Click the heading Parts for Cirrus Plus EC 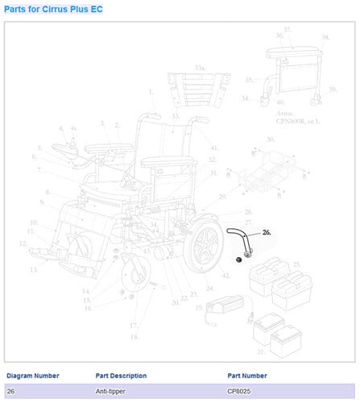[x=52, y=9]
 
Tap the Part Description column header [x=121, y=376]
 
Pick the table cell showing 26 [x=10, y=391]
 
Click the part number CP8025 [x=241, y=391]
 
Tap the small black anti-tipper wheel [x=239, y=260]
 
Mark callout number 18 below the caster [x=135, y=336]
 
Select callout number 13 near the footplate [x=35, y=270]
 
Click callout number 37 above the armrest [x=288, y=30]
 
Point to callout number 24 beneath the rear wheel [x=210, y=289]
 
